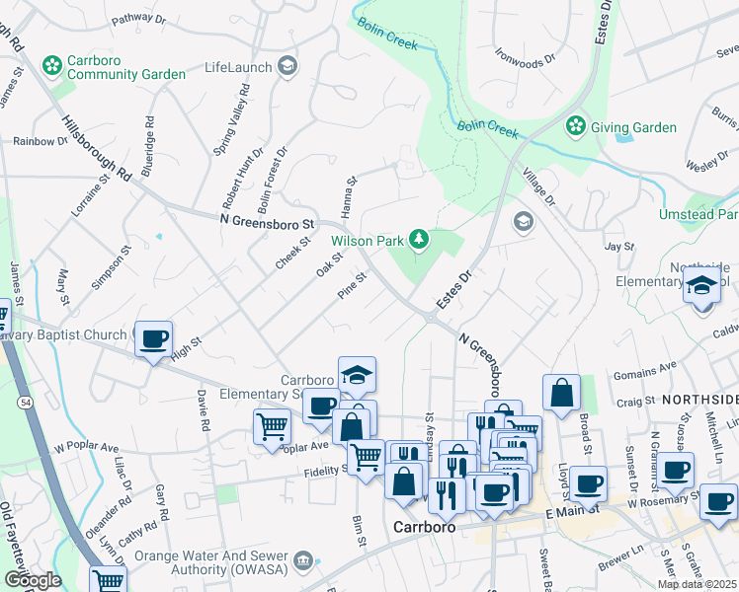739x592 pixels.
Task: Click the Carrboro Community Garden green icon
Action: click(51, 66)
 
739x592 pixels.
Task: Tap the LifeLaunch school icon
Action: click(287, 67)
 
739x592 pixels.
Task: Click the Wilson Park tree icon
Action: click(419, 239)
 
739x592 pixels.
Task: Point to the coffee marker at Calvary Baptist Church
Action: click(153, 339)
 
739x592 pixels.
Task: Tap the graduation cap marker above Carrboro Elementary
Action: click(357, 375)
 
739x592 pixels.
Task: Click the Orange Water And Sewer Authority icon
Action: click(303, 562)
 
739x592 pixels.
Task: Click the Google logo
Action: click(32, 580)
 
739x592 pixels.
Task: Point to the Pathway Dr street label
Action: click(138, 18)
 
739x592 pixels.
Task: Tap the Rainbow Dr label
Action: click(41, 141)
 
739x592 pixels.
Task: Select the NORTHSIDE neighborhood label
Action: click(699, 399)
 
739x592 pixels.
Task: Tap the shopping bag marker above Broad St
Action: click(561, 392)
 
